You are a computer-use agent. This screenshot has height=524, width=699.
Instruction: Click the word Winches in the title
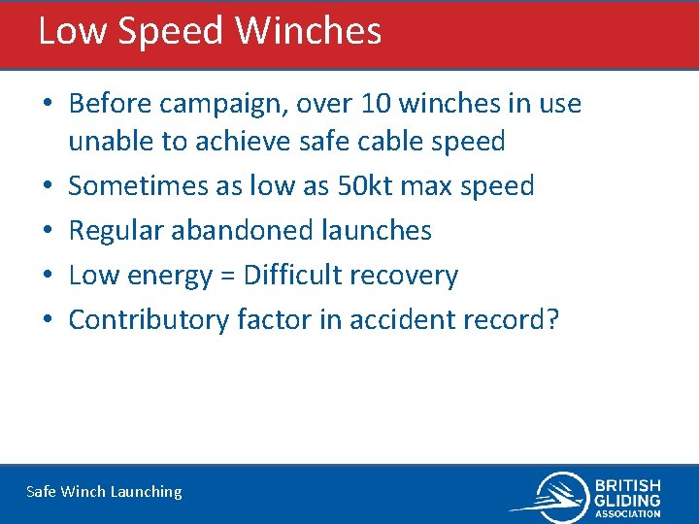309,31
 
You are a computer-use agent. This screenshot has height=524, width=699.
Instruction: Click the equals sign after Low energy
230,276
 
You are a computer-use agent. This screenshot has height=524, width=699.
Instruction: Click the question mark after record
552,319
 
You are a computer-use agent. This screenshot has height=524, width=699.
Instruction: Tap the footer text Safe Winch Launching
104,492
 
